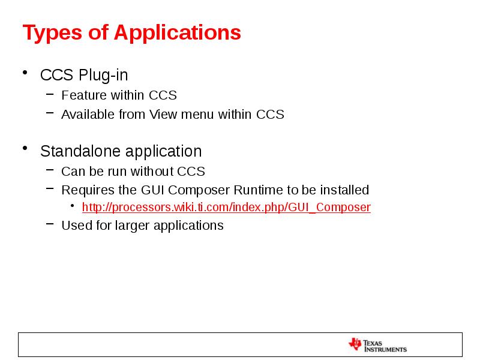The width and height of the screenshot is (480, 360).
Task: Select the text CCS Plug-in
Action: pos(83,76)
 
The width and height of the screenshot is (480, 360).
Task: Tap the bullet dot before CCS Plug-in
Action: pos(25,74)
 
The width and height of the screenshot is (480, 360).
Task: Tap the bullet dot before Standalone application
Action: pos(25,149)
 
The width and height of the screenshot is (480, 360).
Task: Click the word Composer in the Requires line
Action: pos(199,190)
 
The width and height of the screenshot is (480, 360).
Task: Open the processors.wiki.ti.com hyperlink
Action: pos(226,208)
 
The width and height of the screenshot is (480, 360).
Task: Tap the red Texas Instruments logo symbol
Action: pos(355,344)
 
